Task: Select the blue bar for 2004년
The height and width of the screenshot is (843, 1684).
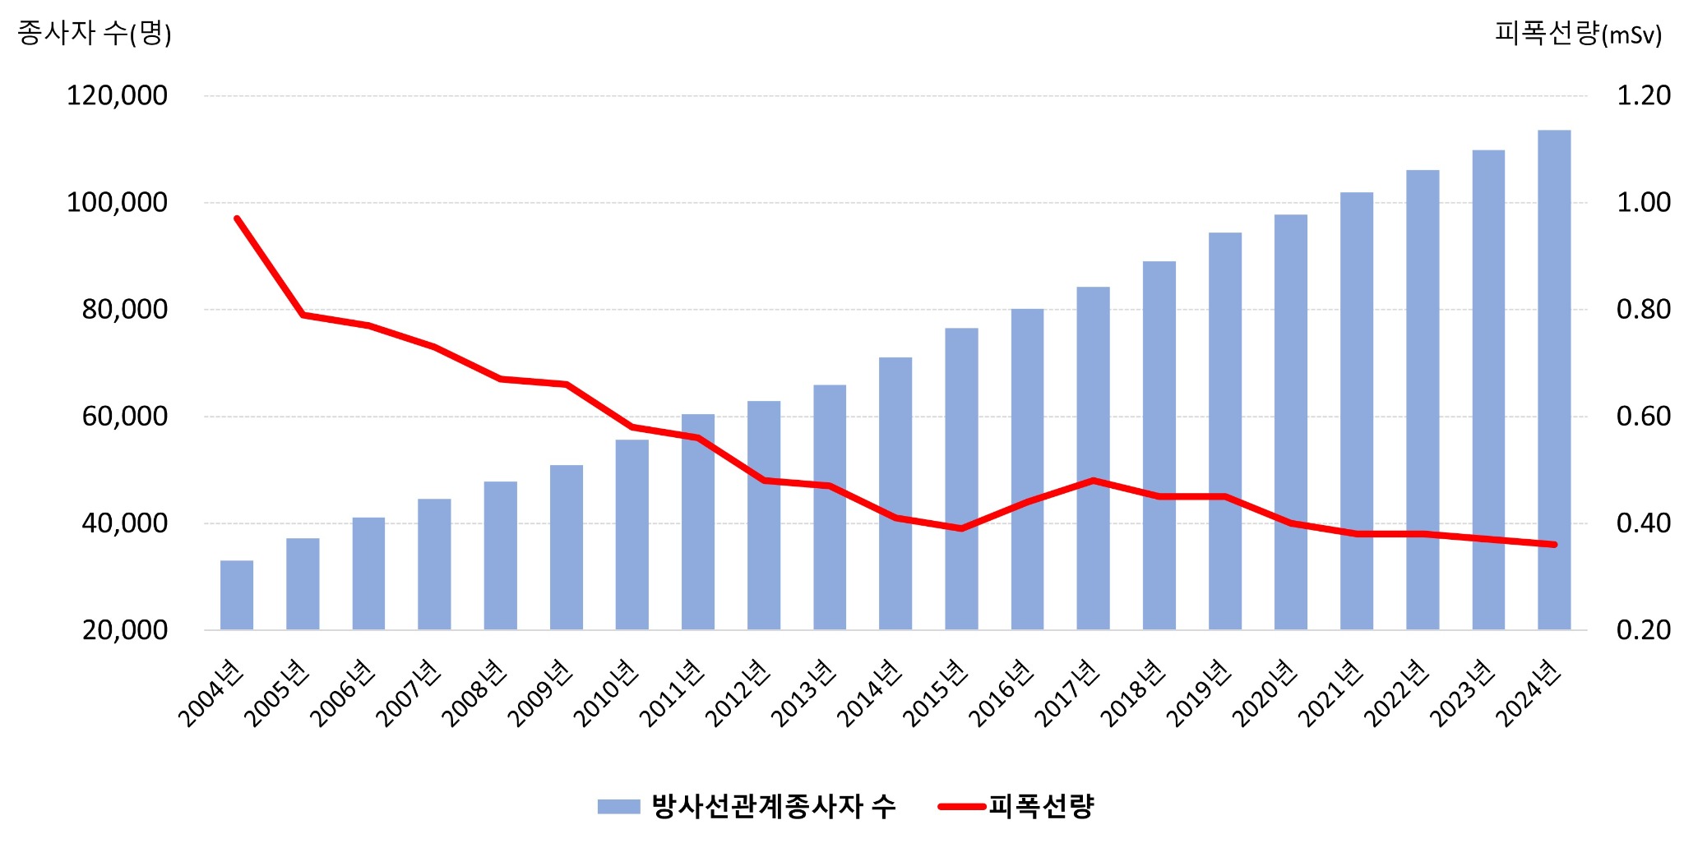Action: pos(237,596)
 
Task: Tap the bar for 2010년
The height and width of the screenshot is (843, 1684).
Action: pos(631,535)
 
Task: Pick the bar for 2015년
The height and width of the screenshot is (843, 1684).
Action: pos(961,479)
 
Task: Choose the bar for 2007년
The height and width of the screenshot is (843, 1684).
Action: pos(434,564)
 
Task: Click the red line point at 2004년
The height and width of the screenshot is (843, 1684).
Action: pos(237,219)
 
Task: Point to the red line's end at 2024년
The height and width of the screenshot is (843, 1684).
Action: pos(1554,544)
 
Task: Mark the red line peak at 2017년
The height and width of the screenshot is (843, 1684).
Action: pos(1093,480)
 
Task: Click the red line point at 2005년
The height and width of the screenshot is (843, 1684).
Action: pos(303,315)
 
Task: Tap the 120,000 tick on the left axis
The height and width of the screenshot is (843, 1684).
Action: pos(117,95)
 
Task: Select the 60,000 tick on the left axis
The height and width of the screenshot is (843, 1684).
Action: pos(124,417)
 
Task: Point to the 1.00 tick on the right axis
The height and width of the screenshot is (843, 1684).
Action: pos(1644,202)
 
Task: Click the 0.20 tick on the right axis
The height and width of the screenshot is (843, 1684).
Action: pos(1644,630)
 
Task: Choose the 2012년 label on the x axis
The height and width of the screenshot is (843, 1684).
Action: pos(738,693)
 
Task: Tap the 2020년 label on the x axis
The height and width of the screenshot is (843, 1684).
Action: pos(1265,693)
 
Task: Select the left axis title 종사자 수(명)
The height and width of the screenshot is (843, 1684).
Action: pos(95,33)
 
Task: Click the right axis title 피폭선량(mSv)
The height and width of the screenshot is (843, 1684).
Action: pos(1578,33)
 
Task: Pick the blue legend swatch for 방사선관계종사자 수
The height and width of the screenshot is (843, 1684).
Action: pos(618,806)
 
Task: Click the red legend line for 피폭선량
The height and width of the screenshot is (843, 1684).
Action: pos(961,806)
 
